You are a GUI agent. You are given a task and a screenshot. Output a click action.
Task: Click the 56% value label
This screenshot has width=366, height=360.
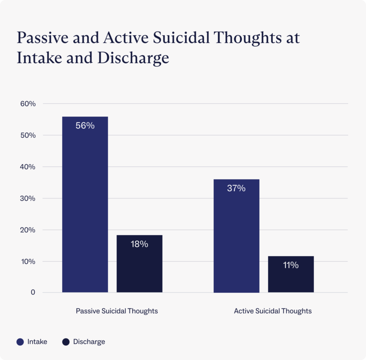[x=85, y=126]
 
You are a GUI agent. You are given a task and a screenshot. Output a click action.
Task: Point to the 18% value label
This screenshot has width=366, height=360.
[x=140, y=244]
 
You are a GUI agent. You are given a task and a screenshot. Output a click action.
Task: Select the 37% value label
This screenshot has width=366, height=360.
[x=237, y=188]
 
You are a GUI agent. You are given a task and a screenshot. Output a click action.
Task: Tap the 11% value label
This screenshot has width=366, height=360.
[x=291, y=265]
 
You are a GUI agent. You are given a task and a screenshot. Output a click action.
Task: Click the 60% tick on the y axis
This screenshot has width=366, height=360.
[x=28, y=104]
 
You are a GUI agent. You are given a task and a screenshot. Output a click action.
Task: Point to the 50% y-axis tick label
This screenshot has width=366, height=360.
[x=28, y=135]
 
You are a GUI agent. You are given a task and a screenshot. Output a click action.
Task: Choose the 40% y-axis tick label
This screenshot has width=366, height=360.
[x=28, y=167]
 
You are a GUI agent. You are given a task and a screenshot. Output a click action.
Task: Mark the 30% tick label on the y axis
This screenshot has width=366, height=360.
[x=28, y=199]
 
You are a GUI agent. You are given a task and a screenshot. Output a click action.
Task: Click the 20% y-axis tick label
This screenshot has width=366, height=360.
[x=28, y=230]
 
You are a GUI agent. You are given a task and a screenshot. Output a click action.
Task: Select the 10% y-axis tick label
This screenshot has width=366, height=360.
[x=28, y=262]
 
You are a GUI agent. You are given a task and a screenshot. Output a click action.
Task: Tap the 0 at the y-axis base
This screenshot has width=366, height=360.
[x=33, y=292]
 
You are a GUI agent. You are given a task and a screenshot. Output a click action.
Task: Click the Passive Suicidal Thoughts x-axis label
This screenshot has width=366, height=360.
[x=117, y=311]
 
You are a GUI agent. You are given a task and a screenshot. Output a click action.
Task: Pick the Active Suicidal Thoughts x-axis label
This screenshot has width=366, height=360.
[x=273, y=311]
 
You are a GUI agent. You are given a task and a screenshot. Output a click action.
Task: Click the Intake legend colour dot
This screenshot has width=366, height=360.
[x=20, y=342]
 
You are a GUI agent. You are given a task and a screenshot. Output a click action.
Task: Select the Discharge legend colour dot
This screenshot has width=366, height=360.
[x=66, y=342]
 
